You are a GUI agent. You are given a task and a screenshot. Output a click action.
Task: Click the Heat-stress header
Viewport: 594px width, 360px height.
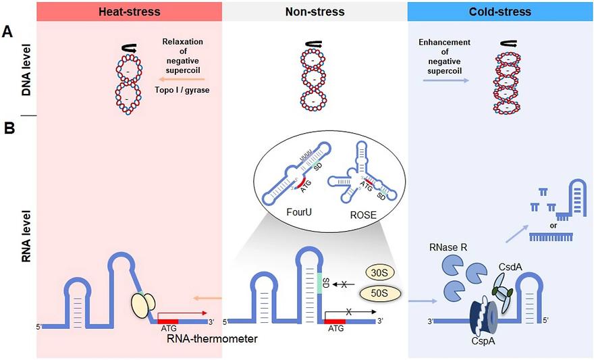(128, 12)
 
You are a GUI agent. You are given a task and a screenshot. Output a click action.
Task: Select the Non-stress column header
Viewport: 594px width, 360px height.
(315, 12)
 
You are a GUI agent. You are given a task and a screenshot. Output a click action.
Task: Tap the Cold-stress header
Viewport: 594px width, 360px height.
(501, 12)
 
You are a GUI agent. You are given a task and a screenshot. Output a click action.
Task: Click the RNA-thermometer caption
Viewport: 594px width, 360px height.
(212, 338)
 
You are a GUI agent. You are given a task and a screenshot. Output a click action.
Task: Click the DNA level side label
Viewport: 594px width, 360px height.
(26, 76)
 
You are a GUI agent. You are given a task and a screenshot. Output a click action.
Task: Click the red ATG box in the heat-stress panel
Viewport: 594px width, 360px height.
(167, 322)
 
